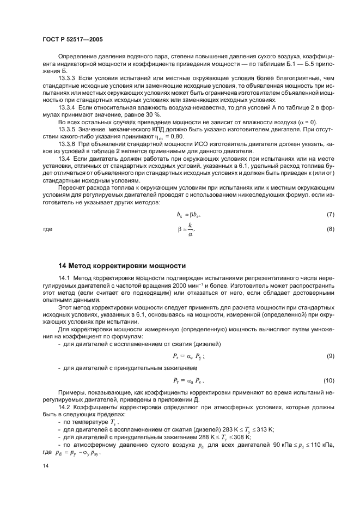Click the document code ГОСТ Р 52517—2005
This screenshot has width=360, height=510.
click(x=72, y=40)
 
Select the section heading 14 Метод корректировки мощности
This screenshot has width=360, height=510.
click(x=121, y=266)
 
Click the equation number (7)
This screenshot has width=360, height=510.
click(x=330, y=215)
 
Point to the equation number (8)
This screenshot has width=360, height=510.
click(x=330, y=229)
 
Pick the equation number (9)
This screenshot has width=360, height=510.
click(x=330, y=356)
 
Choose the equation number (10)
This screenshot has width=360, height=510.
click(x=328, y=379)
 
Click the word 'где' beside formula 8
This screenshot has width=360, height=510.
click(x=47, y=229)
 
